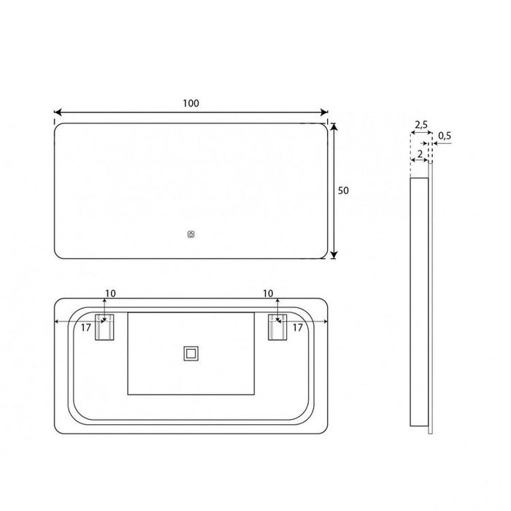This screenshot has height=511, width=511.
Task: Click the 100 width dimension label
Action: (x=191, y=103)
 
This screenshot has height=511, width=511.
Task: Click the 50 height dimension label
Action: (x=345, y=190)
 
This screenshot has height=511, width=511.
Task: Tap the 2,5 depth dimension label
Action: (x=421, y=126)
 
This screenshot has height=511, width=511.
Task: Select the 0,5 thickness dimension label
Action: (x=445, y=135)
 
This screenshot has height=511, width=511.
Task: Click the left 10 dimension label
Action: (x=109, y=293)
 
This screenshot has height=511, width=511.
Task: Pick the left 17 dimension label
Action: (x=85, y=328)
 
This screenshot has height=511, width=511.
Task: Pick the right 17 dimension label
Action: (x=297, y=328)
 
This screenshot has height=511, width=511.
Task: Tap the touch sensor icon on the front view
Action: (x=191, y=235)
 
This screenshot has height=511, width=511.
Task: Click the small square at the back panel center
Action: (x=191, y=354)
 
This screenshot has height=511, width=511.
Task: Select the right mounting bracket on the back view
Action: (x=276, y=328)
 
